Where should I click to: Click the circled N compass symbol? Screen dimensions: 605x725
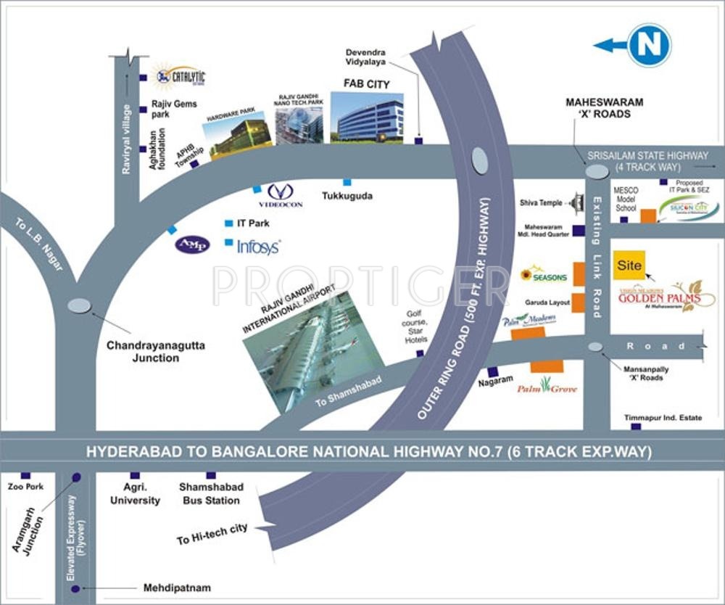tap(649, 45)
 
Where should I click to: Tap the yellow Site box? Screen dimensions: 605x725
tap(629, 266)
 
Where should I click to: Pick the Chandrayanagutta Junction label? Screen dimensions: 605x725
tap(156, 352)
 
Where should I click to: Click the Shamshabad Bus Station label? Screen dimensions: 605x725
tap(211, 493)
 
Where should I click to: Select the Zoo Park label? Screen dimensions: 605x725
tap(22, 487)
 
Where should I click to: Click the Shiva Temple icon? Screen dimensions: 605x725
tap(576, 204)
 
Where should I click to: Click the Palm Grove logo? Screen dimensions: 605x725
tap(547, 387)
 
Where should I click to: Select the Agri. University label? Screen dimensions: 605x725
tap(136, 493)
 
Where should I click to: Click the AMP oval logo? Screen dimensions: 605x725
tap(192, 244)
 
